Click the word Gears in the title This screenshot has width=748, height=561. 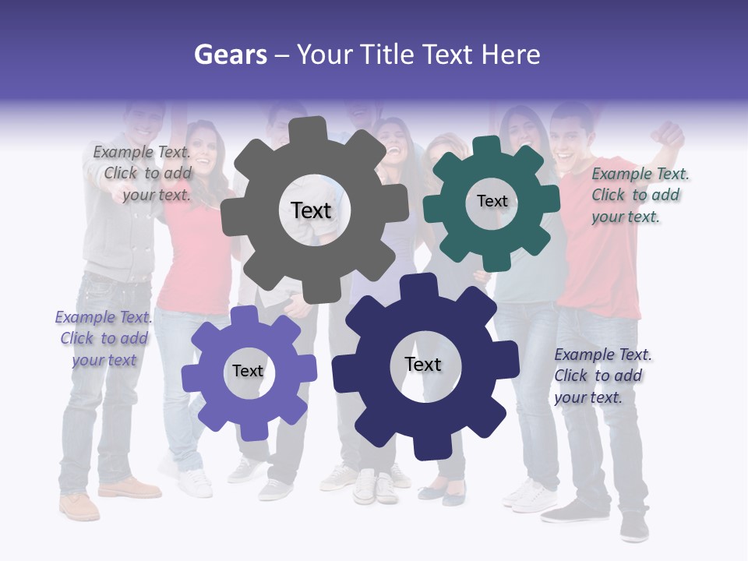click(231, 55)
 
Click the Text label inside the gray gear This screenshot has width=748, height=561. click(311, 210)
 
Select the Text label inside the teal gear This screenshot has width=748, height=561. click(492, 201)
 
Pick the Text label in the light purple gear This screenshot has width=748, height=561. click(248, 371)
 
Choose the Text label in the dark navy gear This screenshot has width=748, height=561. click(423, 364)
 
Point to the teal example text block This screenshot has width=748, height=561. click(640, 195)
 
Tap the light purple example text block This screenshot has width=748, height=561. click(102, 338)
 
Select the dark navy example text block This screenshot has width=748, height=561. click(602, 376)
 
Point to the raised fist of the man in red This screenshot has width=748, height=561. click(669, 132)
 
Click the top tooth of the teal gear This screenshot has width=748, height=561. click(486, 147)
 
